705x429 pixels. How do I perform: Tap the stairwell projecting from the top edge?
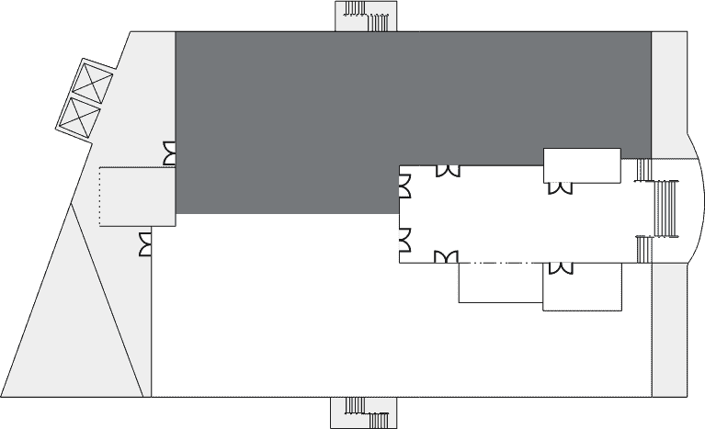coord(366,16)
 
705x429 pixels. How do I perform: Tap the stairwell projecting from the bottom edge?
coord(366,412)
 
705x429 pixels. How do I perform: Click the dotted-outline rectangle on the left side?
coord(136,196)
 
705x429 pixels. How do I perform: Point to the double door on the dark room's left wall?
coord(169,153)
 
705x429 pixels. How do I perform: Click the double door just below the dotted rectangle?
coord(145,244)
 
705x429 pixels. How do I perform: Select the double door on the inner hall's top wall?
coord(448,171)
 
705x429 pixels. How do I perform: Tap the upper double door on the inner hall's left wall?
coord(404,186)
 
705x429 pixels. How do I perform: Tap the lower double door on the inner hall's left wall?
coord(404,239)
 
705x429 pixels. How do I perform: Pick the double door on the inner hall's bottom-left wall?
coord(446,257)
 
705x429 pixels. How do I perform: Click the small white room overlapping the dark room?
coord(582,165)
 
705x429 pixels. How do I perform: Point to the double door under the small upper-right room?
coord(559,188)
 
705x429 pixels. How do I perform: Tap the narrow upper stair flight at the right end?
coord(643,170)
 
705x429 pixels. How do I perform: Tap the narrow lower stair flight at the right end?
coord(643,249)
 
